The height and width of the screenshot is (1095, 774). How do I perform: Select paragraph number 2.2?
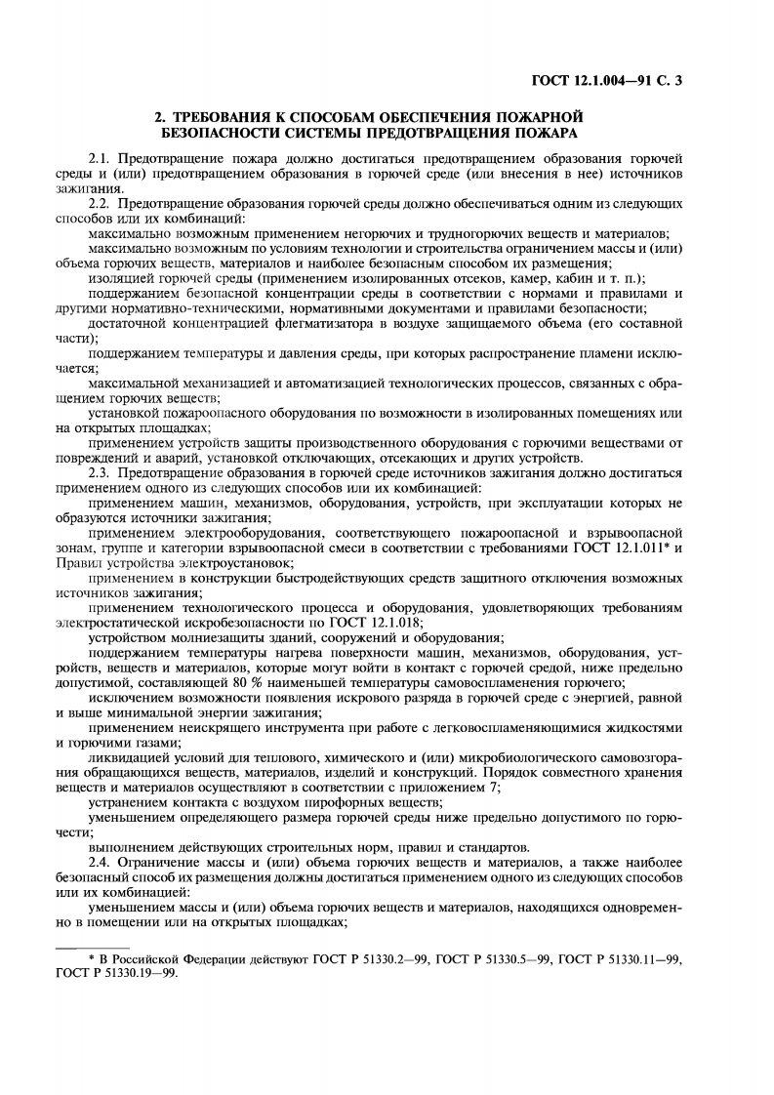tap(101, 202)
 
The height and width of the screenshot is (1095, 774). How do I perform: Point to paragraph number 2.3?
tap(101, 473)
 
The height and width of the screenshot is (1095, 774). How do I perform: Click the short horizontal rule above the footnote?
tap(93, 946)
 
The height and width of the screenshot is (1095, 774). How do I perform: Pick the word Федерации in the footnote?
tap(219, 959)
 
